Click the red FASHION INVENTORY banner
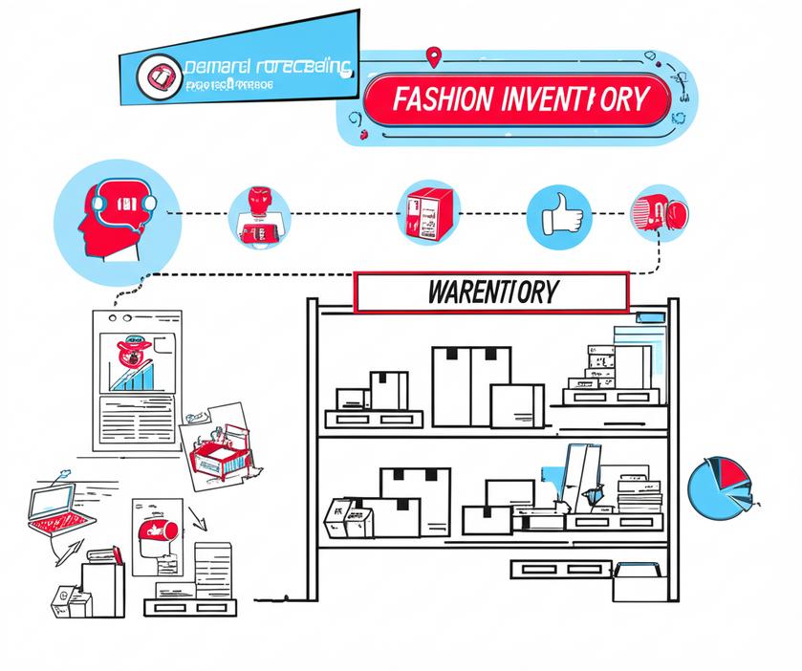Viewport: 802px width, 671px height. (516, 99)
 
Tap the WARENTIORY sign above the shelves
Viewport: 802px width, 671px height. (491, 292)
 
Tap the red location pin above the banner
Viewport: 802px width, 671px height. (436, 58)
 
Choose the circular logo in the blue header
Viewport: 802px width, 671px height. (159, 75)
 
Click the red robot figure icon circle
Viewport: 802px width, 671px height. (259, 216)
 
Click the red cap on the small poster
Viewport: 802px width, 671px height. (152, 531)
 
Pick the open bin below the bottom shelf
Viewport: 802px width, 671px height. (633, 581)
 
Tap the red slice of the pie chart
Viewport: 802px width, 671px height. (731, 472)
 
